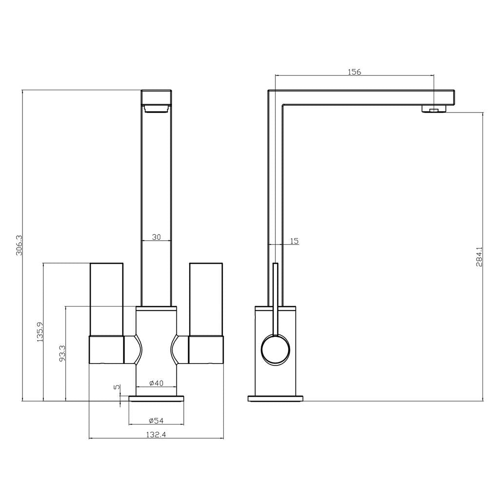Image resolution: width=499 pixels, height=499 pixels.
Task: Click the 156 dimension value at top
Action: [x=354, y=72]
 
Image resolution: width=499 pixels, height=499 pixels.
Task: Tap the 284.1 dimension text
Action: [x=479, y=257]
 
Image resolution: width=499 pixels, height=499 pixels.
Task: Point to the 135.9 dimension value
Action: [x=40, y=331]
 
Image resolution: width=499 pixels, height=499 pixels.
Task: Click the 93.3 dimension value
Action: [x=62, y=354]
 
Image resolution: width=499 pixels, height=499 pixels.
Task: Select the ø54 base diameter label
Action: [x=155, y=421]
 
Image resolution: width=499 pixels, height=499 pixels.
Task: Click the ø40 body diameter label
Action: [x=155, y=384]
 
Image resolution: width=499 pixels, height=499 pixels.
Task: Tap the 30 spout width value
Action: [x=156, y=237]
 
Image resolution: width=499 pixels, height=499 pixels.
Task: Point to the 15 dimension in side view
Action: [x=294, y=241]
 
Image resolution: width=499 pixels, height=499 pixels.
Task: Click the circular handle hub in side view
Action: [x=275, y=349]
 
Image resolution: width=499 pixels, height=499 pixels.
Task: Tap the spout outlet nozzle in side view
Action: [x=433, y=109]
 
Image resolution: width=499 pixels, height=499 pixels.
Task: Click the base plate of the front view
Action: [x=156, y=399]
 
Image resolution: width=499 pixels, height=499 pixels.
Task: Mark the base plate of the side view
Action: [x=275, y=399]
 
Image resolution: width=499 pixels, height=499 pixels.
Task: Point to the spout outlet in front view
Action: [x=156, y=108]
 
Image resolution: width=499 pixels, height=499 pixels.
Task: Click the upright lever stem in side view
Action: [x=275, y=297]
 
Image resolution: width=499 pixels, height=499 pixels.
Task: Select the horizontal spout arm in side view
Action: [x=365, y=97]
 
